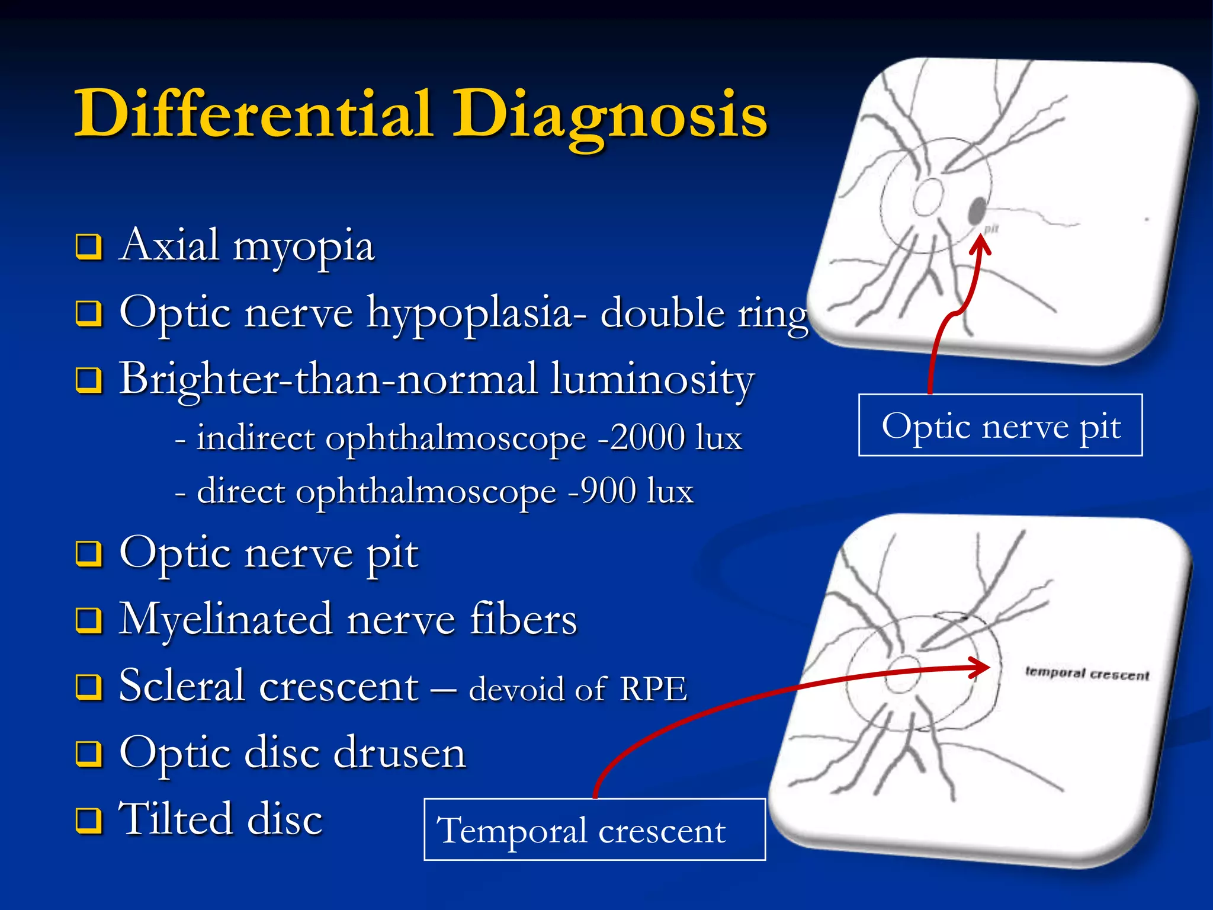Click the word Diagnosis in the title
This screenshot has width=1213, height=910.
point(610,116)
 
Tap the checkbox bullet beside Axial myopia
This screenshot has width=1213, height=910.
point(89,247)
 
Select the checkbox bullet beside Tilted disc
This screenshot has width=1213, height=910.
point(89,821)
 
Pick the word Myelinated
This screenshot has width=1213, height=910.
point(225,620)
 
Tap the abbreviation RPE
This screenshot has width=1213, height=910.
point(653,689)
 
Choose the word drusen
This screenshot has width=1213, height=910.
point(400,753)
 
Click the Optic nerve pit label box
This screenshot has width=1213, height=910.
point(1000,425)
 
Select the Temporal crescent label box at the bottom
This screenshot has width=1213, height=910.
point(595,829)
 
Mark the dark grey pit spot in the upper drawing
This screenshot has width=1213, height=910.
point(977,210)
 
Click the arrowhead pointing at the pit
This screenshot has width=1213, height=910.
point(980,243)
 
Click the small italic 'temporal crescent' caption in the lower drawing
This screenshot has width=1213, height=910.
point(1087,674)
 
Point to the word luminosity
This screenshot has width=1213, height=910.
point(652,379)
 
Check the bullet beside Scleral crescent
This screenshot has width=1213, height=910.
point(89,687)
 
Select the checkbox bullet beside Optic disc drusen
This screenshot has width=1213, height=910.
point(89,754)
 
